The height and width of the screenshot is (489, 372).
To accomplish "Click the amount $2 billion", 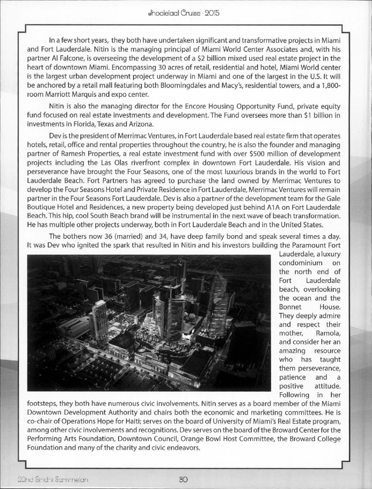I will (196, 58).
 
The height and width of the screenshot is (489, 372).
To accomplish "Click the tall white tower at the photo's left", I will (100, 321).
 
